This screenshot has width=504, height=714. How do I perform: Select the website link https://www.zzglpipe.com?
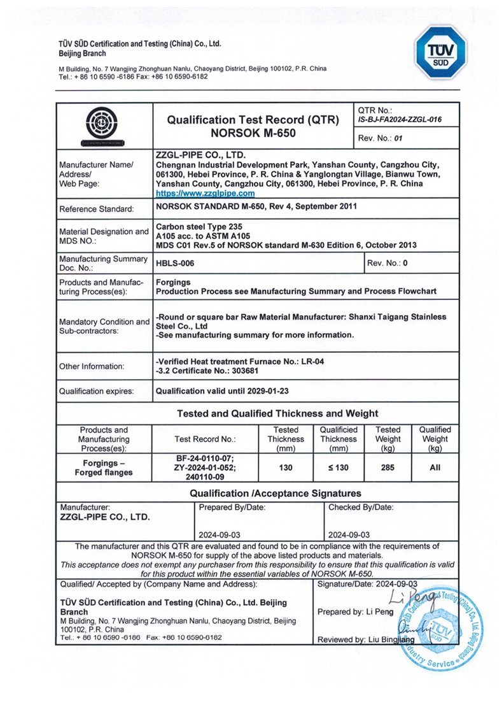[205, 193]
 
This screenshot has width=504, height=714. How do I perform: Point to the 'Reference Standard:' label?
[96, 209]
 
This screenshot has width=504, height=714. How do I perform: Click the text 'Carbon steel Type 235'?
[199, 226]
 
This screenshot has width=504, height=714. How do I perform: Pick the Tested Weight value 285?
[388, 468]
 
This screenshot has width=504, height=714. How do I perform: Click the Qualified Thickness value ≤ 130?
[338, 468]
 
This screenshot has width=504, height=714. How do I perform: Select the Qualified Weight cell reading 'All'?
[435, 468]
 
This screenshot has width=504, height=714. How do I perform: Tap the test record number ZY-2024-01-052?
[205, 468]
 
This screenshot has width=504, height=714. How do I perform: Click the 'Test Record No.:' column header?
[205, 439]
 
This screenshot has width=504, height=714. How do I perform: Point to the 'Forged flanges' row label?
[104, 473]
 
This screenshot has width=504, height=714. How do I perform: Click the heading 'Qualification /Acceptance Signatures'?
[276, 493]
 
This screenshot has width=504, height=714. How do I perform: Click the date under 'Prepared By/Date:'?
[220, 535]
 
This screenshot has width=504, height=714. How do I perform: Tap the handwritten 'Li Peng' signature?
[407, 598]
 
